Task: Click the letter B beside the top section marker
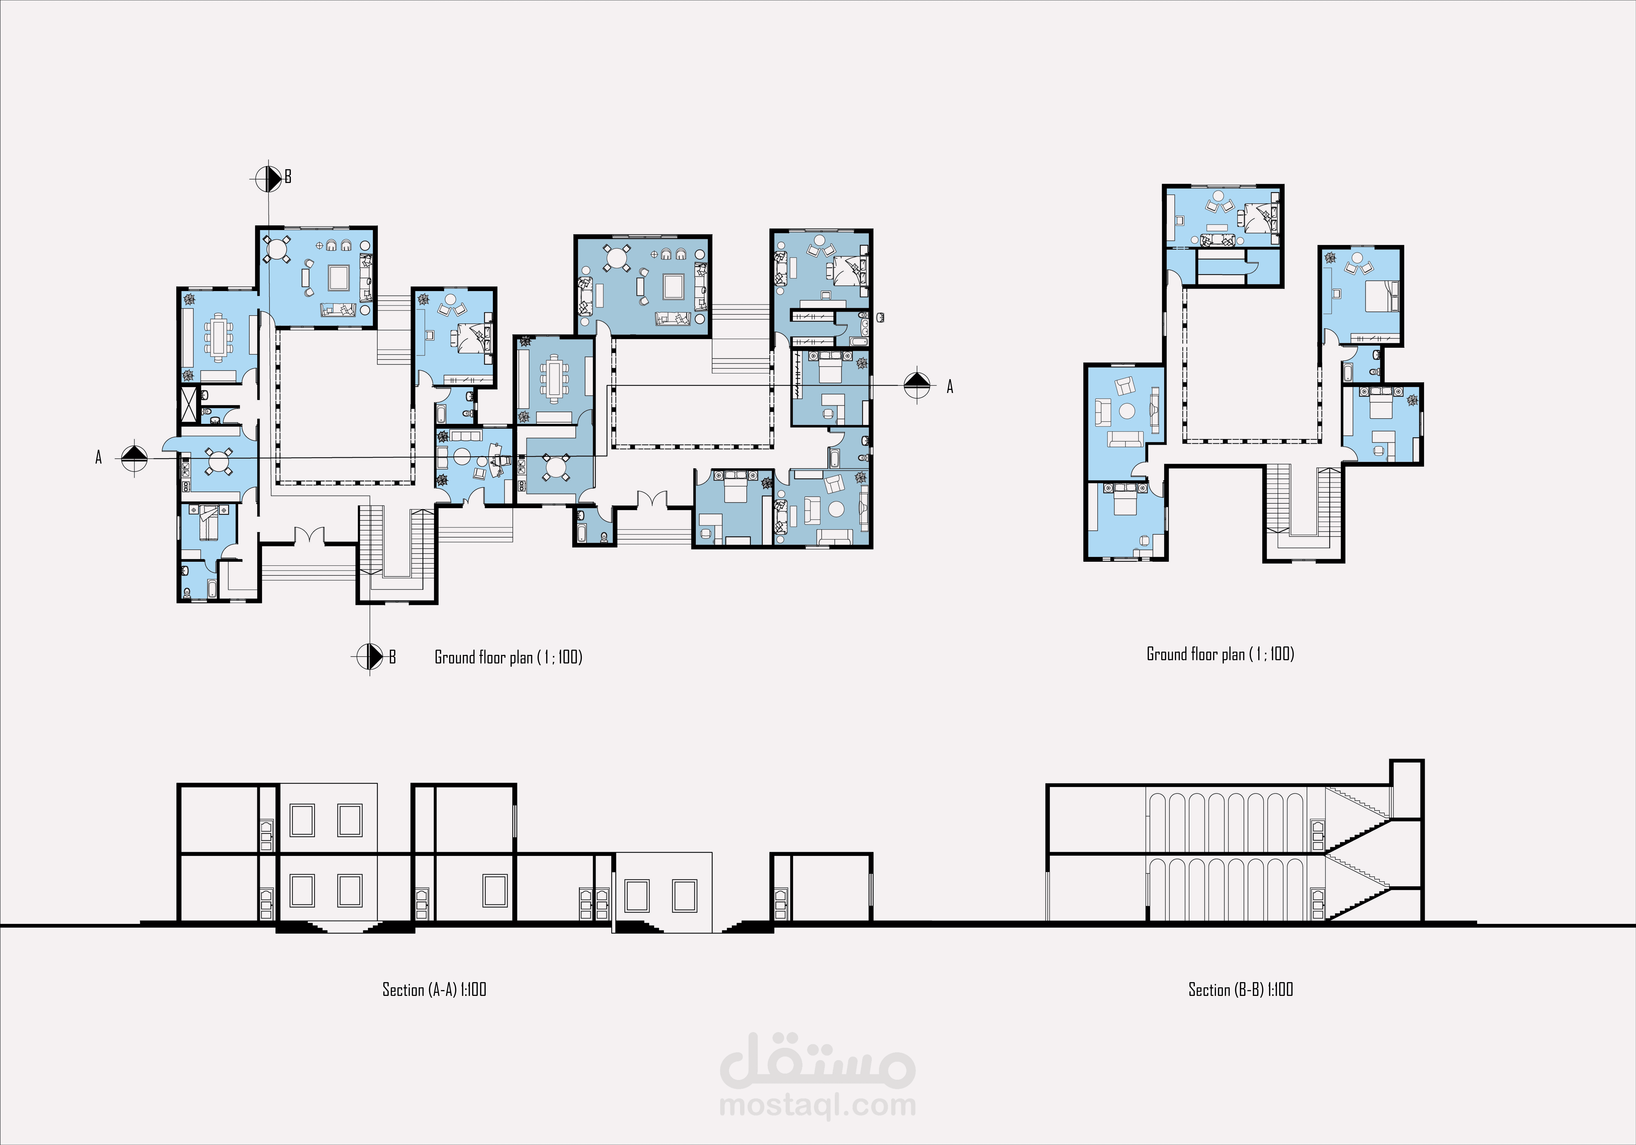[x=288, y=177]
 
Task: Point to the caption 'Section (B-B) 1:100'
[x=1241, y=990]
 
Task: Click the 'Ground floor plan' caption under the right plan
[x=1220, y=654]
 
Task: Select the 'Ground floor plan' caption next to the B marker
[x=508, y=657]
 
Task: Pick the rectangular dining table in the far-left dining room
[x=218, y=337]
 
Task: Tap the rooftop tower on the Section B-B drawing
[x=1407, y=790]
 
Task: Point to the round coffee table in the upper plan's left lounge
[x=1127, y=411]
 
